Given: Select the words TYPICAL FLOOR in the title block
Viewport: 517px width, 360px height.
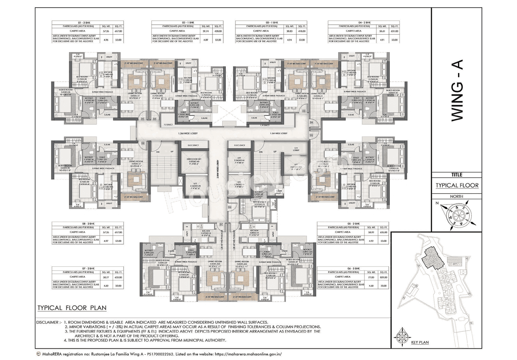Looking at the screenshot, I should point(456,186).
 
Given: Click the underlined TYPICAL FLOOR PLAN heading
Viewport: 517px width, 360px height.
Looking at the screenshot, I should point(71,308).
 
